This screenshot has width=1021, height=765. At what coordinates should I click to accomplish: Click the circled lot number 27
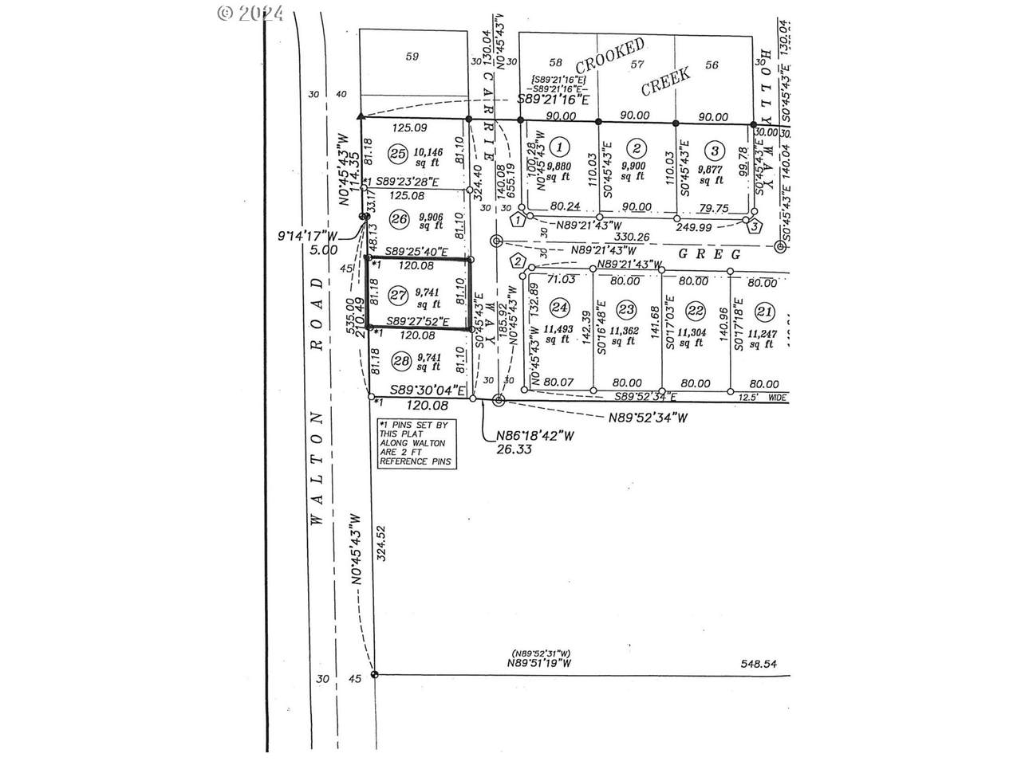click(x=397, y=294)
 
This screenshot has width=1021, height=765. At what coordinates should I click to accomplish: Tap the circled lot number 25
click(x=397, y=153)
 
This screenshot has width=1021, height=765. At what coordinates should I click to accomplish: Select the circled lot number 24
click(x=560, y=307)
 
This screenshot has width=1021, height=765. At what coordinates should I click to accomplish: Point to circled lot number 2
click(x=637, y=147)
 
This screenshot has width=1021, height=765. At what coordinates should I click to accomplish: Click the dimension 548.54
click(x=758, y=663)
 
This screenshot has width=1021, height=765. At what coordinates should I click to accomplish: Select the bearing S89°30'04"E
click(x=428, y=390)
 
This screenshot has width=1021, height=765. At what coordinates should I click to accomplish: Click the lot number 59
click(x=412, y=56)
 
